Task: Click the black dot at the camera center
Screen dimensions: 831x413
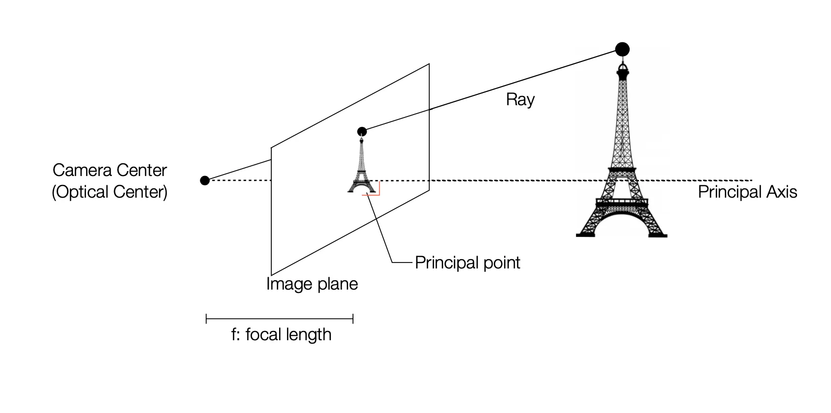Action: [x=205, y=180]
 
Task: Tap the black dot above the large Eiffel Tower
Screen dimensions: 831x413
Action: [x=622, y=49]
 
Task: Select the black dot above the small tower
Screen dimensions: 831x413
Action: [x=362, y=131]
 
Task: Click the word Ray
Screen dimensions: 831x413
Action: [x=520, y=100]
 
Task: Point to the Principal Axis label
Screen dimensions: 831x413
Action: [x=747, y=192]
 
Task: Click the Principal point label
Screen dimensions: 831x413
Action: [x=467, y=263]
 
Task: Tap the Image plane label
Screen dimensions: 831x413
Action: [x=312, y=284]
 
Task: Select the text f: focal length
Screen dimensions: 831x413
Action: [x=281, y=335]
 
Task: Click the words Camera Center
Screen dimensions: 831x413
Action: [x=110, y=170]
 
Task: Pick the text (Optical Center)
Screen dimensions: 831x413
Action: [x=110, y=192]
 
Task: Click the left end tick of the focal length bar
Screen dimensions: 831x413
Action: [x=206, y=320]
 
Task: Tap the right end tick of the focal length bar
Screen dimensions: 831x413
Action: [x=353, y=320]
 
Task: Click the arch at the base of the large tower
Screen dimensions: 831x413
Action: [x=622, y=224]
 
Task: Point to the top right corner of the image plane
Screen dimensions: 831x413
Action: [x=429, y=64]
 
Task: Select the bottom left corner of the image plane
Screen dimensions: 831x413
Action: [x=271, y=275]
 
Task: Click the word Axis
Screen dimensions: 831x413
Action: [x=781, y=192]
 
